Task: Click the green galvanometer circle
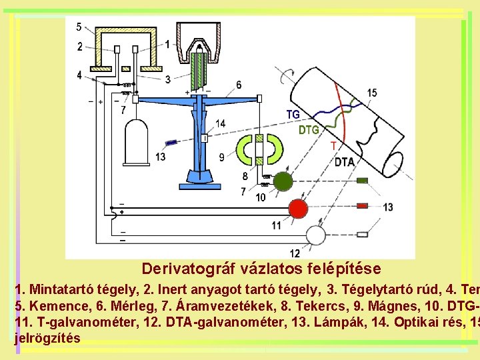click(283, 182)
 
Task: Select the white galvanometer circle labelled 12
click(315, 235)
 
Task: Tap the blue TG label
click(293, 115)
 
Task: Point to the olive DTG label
click(308, 130)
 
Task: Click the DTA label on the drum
click(344, 162)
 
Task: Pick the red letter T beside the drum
click(333, 146)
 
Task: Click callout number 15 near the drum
click(371, 93)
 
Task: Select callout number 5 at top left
click(79, 27)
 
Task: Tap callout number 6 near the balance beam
click(239, 85)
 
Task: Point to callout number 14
click(220, 123)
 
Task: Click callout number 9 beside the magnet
click(221, 157)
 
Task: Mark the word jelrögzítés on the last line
click(47, 337)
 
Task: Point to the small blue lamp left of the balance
click(171, 143)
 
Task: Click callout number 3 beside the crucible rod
click(168, 79)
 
